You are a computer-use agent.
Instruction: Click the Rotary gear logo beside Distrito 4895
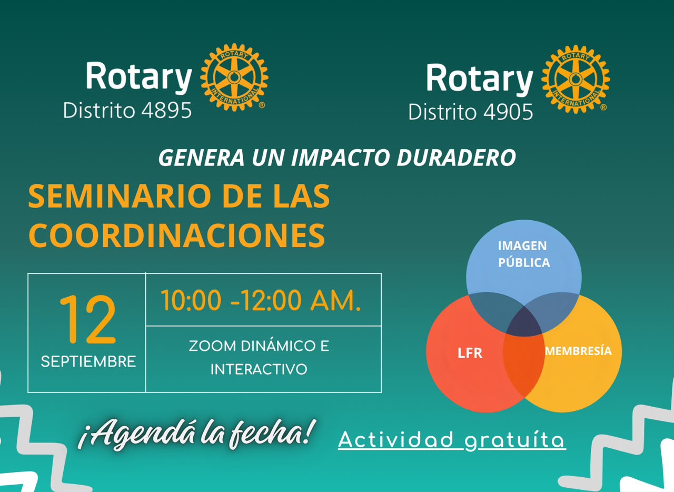[234, 77]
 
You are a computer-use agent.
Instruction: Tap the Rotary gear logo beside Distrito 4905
[576, 80]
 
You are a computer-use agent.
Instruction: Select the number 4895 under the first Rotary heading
[166, 110]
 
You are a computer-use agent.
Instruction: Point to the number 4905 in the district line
[508, 112]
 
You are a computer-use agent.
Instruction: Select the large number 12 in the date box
[87, 319]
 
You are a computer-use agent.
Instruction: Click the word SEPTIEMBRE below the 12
[88, 361]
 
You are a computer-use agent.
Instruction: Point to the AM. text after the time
[335, 301]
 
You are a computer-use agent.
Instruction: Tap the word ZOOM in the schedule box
[212, 346]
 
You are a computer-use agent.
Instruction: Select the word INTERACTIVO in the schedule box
[259, 369]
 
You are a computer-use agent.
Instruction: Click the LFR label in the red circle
[470, 353]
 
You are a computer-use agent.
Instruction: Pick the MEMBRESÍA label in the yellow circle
[578, 351]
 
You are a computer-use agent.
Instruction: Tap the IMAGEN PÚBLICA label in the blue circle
[524, 254]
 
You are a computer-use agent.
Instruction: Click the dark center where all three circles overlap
[524, 322]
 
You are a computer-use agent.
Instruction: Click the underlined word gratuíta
[515, 440]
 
